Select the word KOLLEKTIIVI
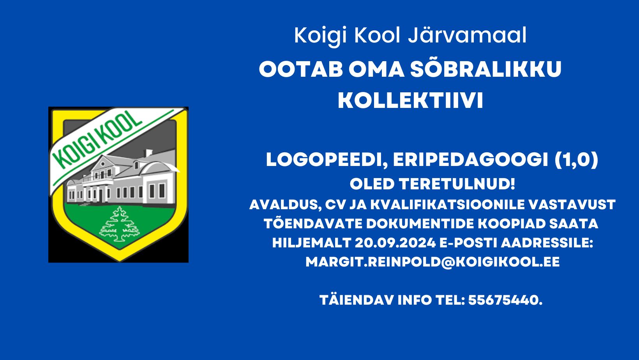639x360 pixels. coord(410,101)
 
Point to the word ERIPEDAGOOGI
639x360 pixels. coord(470,160)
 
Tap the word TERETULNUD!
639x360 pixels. coord(457,184)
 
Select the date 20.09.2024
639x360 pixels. coord(395,243)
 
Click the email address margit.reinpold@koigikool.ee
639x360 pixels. coord(432,262)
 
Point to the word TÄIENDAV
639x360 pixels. coord(357,300)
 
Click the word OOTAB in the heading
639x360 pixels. coord(301,69)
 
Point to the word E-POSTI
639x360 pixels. coord(468,243)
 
